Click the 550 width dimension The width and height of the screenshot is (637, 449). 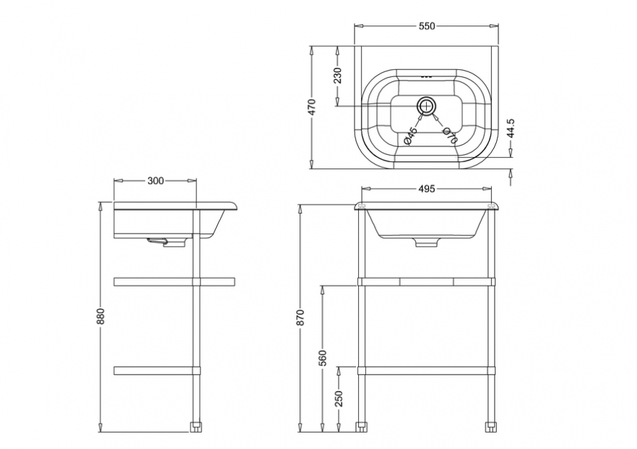tap(427, 26)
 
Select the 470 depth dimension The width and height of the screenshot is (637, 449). tap(312, 107)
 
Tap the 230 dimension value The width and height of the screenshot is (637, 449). tap(338, 76)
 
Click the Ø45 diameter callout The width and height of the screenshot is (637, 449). tap(411, 136)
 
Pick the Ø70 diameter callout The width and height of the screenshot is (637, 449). tap(449, 136)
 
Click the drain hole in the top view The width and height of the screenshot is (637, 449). tap(426, 106)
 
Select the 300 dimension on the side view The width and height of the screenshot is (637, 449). tap(155, 180)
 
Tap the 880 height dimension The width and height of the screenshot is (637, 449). tap(101, 317)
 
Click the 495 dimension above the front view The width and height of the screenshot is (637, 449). tap(427, 189)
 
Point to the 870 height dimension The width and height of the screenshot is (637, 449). tap(300, 317)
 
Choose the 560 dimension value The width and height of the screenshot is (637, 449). tap(323, 358)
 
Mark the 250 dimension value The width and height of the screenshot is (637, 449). tap(340, 398)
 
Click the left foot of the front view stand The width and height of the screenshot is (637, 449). tap(361, 428)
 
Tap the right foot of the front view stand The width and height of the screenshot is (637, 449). tap(491, 428)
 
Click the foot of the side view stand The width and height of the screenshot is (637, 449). tap(196, 428)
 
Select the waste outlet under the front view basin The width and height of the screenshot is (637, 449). tap(427, 243)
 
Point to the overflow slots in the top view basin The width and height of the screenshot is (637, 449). tap(427, 76)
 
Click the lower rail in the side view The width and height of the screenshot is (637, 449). tap(157, 371)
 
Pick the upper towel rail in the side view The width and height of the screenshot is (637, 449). tap(175, 281)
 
